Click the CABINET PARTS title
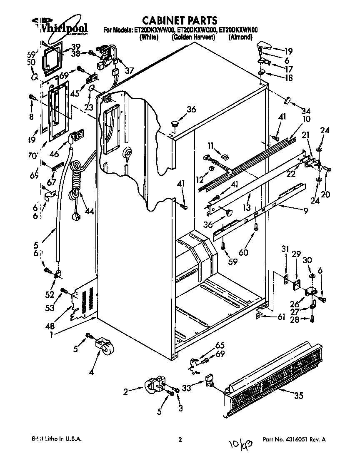(180, 20)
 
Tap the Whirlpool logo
(62, 27)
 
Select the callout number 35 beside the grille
(298, 396)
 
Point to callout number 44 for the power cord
(89, 211)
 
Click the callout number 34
(306, 111)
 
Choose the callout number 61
(281, 317)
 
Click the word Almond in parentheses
(240, 37)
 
